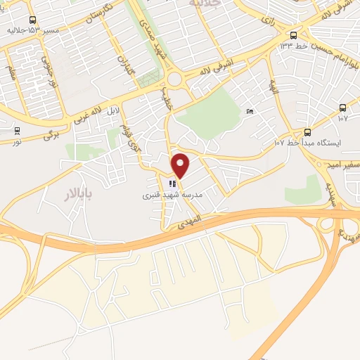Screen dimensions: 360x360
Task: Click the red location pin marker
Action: click(x=181, y=165)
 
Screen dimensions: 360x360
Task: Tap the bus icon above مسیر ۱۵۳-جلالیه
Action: click(x=33, y=21)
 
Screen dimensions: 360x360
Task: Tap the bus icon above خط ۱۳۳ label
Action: click(x=293, y=35)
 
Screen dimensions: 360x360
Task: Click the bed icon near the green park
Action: click(x=250, y=111)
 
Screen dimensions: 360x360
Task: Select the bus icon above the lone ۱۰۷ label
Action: click(x=342, y=108)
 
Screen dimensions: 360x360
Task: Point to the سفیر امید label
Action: click(x=342, y=165)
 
